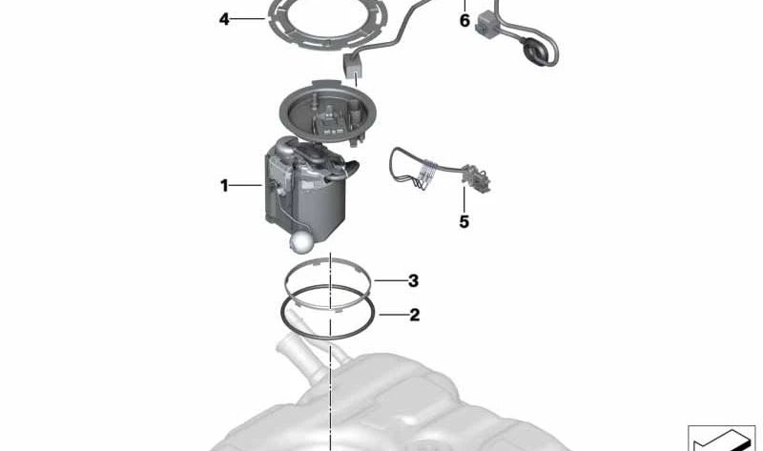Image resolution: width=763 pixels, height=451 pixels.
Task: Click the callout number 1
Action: (x=224, y=185)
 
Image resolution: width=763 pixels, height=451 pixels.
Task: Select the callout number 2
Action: (x=414, y=315)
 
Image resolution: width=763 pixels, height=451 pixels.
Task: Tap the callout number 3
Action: (x=413, y=280)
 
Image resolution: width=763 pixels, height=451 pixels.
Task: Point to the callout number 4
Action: (x=224, y=19)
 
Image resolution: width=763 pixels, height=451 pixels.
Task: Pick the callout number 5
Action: (x=464, y=222)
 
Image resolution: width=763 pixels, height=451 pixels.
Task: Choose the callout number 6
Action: (x=464, y=21)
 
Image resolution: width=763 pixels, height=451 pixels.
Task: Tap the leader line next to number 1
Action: (x=246, y=185)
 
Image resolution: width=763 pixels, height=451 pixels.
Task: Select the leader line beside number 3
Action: (x=390, y=280)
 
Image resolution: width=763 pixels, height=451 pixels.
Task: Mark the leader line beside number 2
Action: (x=392, y=315)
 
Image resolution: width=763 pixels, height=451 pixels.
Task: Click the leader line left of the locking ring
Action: (x=248, y=19)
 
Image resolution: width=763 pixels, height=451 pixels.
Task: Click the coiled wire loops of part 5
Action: (x=423, y=174)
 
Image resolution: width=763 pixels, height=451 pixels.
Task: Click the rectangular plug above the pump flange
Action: (x=353, y=65)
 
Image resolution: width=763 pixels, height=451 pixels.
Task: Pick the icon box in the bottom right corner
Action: (x=721, y=438)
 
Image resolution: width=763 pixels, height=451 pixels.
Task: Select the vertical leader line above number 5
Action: (x=464, y=199)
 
